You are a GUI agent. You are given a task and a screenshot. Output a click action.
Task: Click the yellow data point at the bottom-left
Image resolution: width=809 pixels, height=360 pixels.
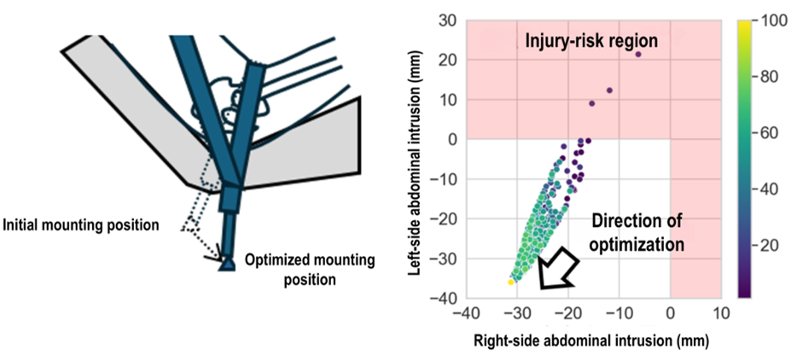pyautogui.click(x=511, y=282)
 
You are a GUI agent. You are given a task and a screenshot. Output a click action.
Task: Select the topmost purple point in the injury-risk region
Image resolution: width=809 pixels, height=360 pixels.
pyautogui.click(x=637, y=54)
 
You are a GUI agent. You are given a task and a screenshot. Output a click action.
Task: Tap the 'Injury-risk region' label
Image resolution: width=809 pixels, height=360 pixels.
pyautogui.click(x=591, y=41)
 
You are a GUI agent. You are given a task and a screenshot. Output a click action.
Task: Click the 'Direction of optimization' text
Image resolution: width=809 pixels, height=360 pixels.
pyautogui.click(x=637, y=233)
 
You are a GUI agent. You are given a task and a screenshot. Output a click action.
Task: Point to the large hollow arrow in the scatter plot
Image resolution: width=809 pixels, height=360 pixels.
pyautogui.click(x=556, y=267)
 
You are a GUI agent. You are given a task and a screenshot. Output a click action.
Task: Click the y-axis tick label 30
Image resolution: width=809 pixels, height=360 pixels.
pyautogui.click(x=450, y=20)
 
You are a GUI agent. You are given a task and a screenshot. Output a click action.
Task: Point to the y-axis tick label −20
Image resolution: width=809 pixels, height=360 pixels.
pyautogui.click(x=445, y=218)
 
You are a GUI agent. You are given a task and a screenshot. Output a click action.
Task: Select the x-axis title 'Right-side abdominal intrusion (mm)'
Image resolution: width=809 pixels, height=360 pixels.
pyautogui.click(x=591, y=340)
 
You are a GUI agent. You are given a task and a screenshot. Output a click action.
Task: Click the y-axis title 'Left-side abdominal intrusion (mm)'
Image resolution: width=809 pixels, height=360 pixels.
pyautogui.click(x=416, y=158)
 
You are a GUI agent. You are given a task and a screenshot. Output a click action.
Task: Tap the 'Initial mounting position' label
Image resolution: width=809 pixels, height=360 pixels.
pyautogui.click(x=80, y=225)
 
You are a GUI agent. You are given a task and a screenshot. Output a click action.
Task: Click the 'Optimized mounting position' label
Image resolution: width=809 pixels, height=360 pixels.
pyautogui.click(x=310, y=270)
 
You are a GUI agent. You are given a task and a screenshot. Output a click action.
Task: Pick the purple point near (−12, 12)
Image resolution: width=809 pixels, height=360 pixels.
pyautogui.click(x=609, y=90)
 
